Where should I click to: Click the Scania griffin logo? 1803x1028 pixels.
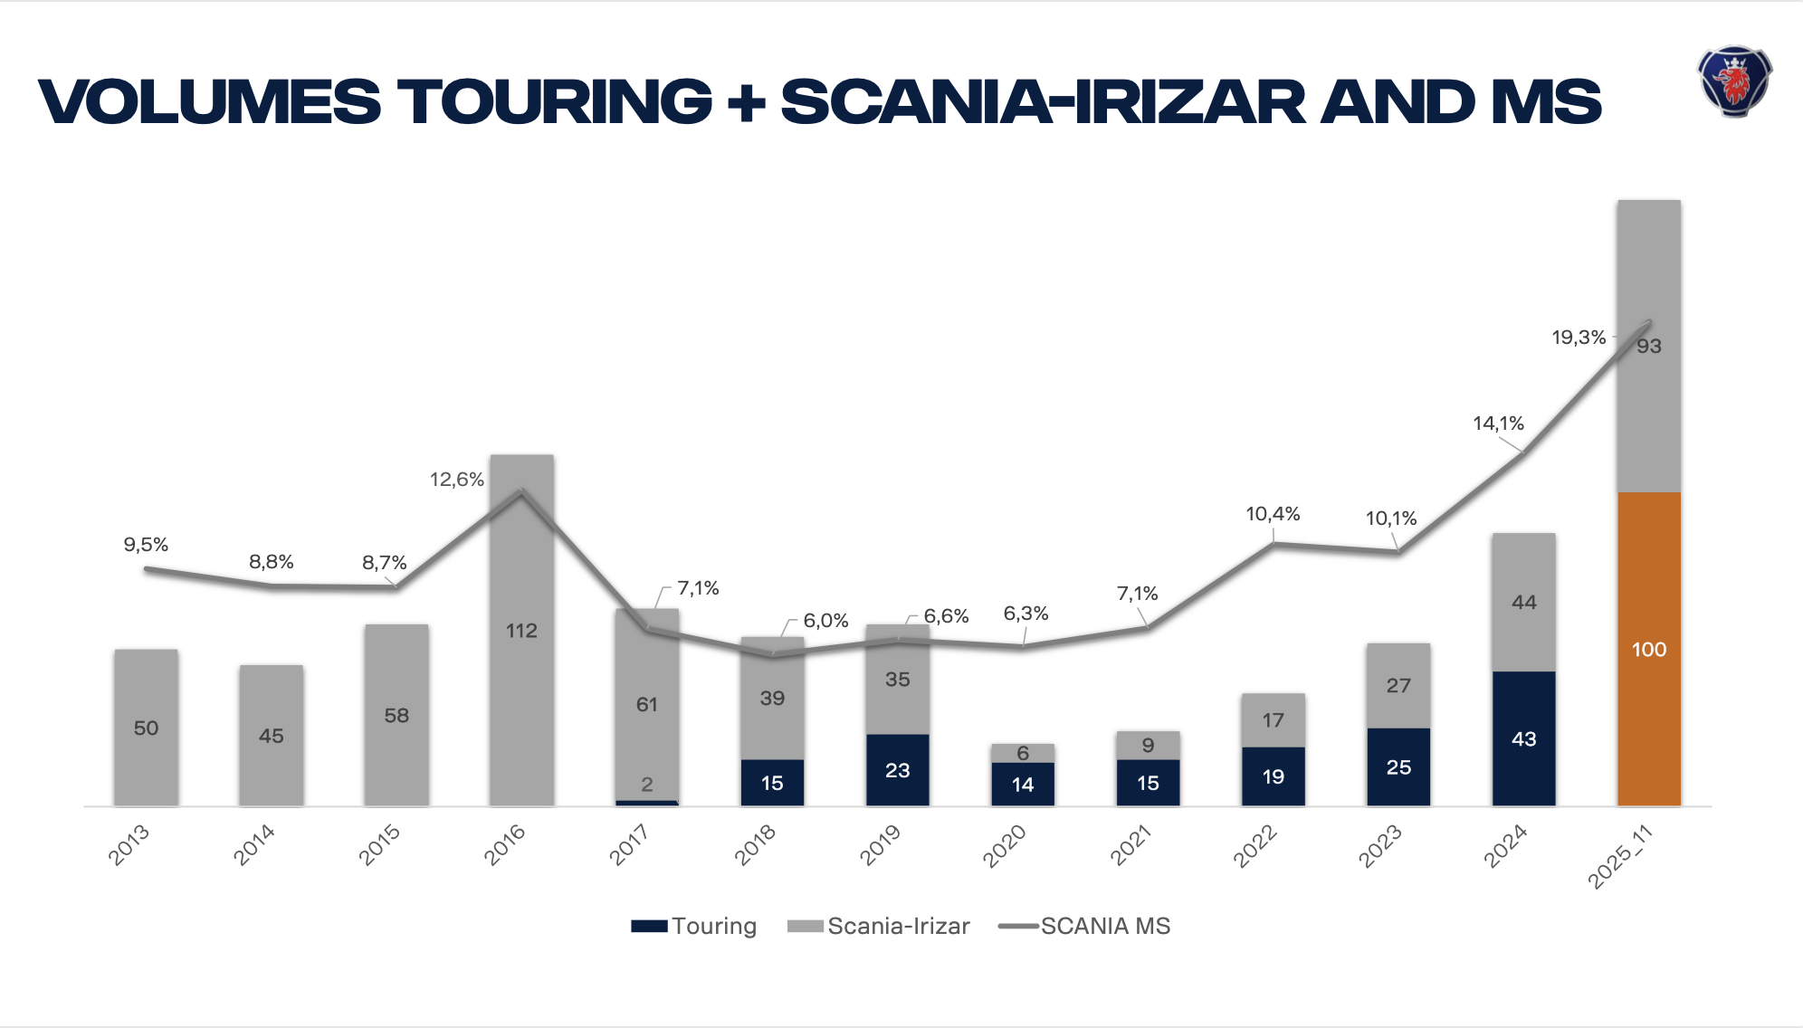tap(1734, 81)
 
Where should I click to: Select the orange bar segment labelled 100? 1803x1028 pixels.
tap(1648, 649)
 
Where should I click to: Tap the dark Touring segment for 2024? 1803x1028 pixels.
tap(1523, 738)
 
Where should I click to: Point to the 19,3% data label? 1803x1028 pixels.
tap(1579, 338)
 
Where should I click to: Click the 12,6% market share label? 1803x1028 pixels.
tap(456, 480)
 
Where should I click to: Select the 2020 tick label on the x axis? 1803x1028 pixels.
tap(1005, 845)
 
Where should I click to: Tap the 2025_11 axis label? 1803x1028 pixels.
tap(1621, 856)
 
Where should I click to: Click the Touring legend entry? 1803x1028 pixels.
tap(694, 926)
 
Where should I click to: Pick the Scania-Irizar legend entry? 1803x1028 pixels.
tap(879, 926)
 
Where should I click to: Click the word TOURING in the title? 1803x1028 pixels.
tap(555, 101)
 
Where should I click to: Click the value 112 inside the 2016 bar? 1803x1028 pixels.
tap(521, 631)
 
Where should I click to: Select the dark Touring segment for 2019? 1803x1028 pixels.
tap(897, 770)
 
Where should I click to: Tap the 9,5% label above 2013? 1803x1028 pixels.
tap(146, 545)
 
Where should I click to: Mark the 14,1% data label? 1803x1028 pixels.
tap(1498, 424)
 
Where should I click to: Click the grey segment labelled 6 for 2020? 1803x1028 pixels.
tap(1022, 753)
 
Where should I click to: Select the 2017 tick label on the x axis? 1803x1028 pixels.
tap(629, 845)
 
